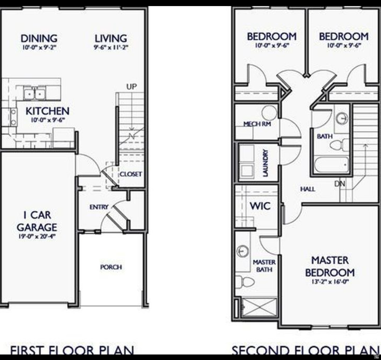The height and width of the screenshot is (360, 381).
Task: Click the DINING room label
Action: (39, 38)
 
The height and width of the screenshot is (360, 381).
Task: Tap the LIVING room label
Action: (111, 38)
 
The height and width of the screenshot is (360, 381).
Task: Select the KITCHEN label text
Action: (47, 111)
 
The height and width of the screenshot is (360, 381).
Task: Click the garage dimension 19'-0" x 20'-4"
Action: (36, 236)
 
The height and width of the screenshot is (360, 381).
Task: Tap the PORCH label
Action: (111, 267)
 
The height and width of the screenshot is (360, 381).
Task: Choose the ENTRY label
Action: (99, 207)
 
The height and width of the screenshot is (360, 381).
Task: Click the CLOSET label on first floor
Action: (131, 174)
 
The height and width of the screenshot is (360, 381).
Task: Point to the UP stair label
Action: (132, 87)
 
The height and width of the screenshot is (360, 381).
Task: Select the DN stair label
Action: (340, 184)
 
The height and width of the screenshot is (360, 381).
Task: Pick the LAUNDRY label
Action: (266, 163)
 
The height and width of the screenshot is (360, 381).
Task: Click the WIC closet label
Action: (260, 206)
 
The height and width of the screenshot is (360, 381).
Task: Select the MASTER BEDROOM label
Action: (330, 266)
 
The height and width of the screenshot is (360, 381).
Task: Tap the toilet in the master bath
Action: (245, 282)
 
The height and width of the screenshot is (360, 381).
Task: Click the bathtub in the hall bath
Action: (332, 165)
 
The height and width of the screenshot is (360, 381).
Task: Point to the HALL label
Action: (307, 189)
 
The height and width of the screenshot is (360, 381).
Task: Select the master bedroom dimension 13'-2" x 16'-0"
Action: (330, 282)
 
